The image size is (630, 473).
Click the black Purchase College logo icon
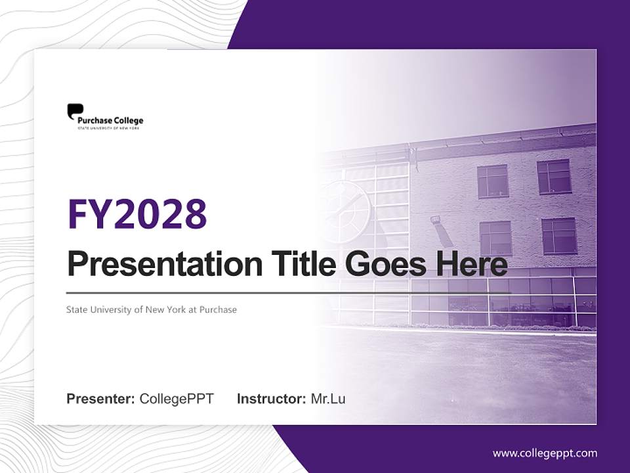click(75, 111)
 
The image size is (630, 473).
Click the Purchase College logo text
click(110, 121)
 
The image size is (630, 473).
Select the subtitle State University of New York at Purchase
click(151, 309)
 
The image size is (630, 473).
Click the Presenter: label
click(101, 399)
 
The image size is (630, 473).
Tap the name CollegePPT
click(177, 399)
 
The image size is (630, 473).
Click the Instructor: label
click(271, 399)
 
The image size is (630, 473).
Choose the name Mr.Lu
click(328, 399)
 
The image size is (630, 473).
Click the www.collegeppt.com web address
click(545, 453)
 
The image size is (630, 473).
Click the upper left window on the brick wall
click(492, 181)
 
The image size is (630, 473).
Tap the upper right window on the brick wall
click(555, 176)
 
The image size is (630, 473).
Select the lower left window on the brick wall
click(495, 238)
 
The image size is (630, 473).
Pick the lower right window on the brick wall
click(559, 235)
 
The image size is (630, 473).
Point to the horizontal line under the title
click(289, 292)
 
